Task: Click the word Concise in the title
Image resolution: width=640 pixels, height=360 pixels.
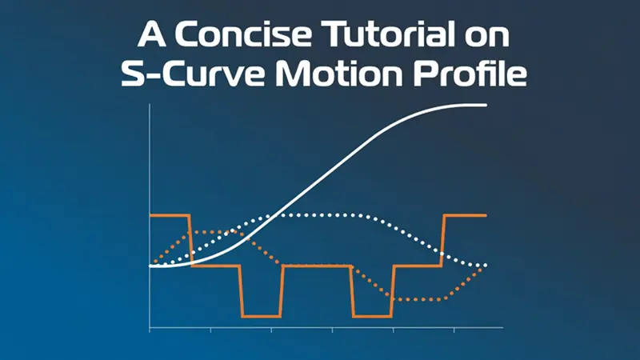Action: pos(243,34)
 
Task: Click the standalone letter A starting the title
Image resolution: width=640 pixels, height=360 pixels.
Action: pos(151,34)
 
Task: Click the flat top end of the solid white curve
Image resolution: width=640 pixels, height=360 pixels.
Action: pos(474,105)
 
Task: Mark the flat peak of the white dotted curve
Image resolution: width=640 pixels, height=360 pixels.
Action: pos(322,214)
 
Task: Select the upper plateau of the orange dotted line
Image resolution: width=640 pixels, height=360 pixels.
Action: pos(214,232)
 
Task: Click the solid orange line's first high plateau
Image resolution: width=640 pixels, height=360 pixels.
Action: pos(170,214)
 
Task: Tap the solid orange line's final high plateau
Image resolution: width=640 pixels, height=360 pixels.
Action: pos(466,214)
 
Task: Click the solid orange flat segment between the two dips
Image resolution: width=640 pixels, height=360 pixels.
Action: pos(317,266)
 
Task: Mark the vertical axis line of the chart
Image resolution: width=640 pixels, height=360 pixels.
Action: pos(150,215)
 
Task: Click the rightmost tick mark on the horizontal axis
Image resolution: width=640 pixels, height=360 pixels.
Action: pos(454,330)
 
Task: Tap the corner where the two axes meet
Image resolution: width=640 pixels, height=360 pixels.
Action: pos(150,327)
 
